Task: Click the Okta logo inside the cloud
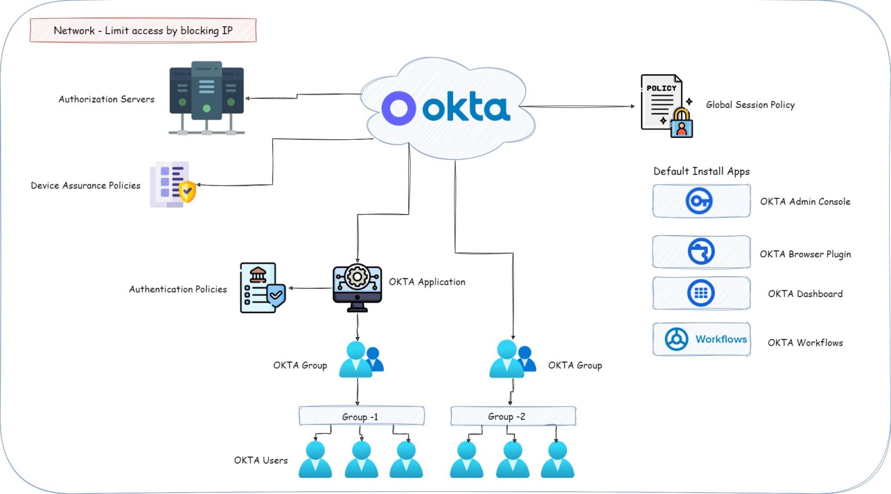pos(445,108)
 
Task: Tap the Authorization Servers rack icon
pos(207,97)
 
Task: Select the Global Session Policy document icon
pos(666,106)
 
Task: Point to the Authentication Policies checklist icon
pos(262,288)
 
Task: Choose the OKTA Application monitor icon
pos(357,288)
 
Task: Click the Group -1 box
pos(361,416)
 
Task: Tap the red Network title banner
pos(143,30)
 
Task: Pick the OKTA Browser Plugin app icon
pos(701,252)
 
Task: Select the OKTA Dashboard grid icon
pos(701,293)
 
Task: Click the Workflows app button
pos(701,339)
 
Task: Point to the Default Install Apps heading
pos(701,171)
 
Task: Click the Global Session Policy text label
pos(750,105)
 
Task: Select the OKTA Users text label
pos(260,460)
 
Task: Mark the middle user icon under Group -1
pos(361,459)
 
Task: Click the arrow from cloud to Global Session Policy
pos(580,107)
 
